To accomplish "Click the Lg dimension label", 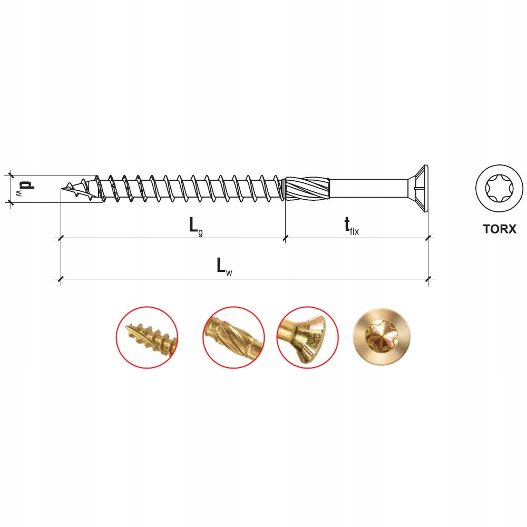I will (x=195, y=226).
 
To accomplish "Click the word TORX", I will (x=499, y=229).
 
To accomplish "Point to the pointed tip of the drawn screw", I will (x=64, y=189).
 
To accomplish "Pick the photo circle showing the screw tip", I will (x=147, y=337).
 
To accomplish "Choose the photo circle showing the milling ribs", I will (x=233, y=337).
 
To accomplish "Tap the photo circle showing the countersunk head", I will (x=307, y=337).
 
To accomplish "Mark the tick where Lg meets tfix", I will (x=285, y=238).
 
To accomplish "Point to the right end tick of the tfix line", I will (x=428, y=238).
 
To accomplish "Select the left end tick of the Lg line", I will (x=61, y=238).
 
